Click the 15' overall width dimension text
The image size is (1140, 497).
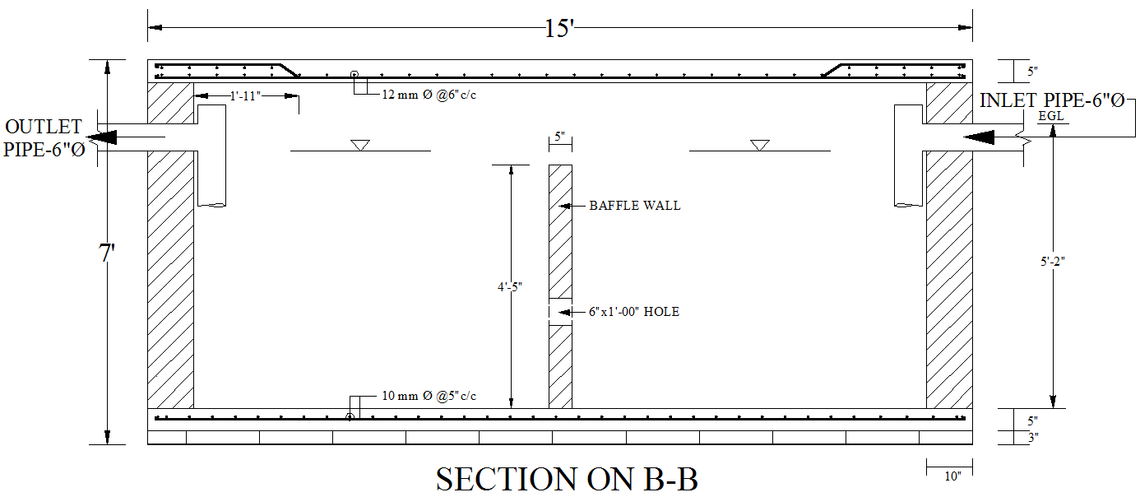pyautogui.click(x=559, y=29)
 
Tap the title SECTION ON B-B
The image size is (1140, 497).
pyautogui.click(x=567, y=480)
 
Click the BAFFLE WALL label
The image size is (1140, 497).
pyautogui.click(x=634, y=206)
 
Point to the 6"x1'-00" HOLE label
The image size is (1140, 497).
pyautogui.click(x=633, y=312)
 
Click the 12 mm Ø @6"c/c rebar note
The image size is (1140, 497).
pyautogui.click(x=429, y=95)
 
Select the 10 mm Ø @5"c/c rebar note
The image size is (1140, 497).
pyautogui.click(x=429, y=397)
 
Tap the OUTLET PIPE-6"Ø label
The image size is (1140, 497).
pyautogui.click(x=44, y=138)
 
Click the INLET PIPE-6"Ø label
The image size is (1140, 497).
pyautogui.click(x=1052, y=101)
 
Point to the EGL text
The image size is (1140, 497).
pyautogui.click(x=1051, y=117)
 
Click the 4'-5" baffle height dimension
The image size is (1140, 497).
pyautogui.click(x=510, y=286)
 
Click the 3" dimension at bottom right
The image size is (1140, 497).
pyautogui.click(x=1032, y=438)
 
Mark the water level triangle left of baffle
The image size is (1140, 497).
pyautogui.click(x=359, y=146)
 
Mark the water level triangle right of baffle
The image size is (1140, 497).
pyautogui.click(x=759, y=146)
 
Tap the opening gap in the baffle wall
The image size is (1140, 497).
pyautogui.click(x=560, y=312)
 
